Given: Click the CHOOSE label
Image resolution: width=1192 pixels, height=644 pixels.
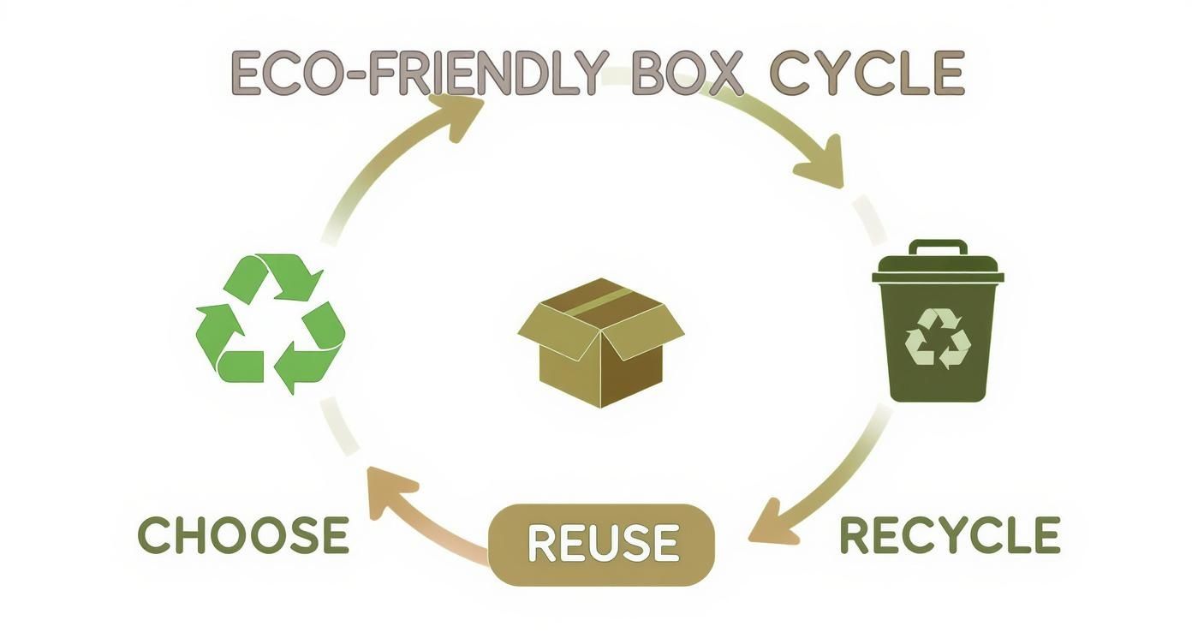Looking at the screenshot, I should tap(243, 535).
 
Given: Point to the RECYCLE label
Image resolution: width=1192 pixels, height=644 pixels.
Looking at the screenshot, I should tap(949, 535).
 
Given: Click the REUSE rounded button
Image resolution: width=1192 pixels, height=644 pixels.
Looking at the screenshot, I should tap(601, 545).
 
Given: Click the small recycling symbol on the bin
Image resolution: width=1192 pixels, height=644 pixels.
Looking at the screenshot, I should tap(939, 339).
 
